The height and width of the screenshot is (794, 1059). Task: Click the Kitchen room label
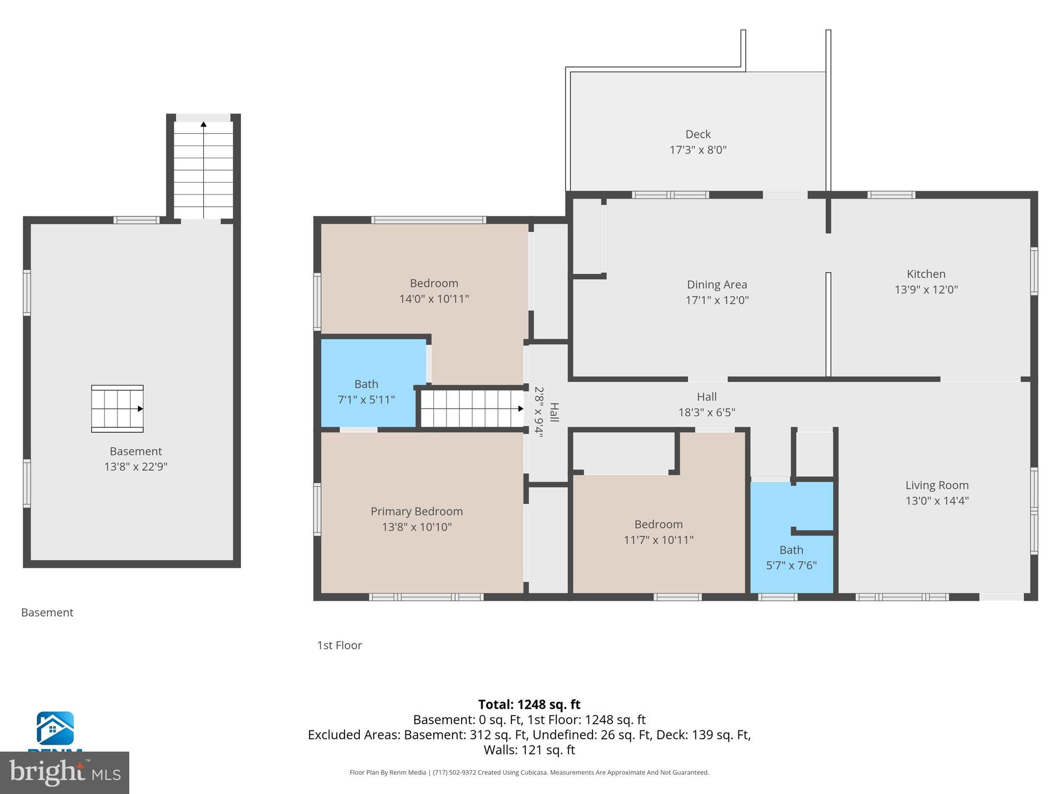[x=926, y=274]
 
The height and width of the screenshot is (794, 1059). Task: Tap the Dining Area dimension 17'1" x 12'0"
[x=717, y=300]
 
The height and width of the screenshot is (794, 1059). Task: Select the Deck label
[x=698, y=134]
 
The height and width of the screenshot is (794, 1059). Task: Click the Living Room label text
[x=936, y=485]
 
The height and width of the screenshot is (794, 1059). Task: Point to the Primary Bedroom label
[x=416, y=511]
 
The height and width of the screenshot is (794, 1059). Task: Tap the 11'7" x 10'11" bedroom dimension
[x=658, y=540]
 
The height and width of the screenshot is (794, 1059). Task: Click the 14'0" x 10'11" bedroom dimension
[x=434, y=299]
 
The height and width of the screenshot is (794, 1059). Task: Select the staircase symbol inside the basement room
[x=117, y=408]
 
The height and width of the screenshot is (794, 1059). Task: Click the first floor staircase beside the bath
[x=472, y=408]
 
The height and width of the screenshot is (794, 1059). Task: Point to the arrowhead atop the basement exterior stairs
[x=204, y=124]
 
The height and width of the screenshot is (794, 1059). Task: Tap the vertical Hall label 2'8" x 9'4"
[x=546, y=412]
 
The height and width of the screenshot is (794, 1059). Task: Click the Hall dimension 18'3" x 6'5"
[x=706, y=413]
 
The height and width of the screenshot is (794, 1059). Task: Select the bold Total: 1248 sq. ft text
[x=529, y=705]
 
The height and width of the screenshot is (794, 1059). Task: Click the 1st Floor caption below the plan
[x=339, y=645]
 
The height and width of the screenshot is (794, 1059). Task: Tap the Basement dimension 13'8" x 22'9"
[x=135, y=467]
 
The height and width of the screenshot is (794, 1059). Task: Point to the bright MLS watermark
[x=64, y=772]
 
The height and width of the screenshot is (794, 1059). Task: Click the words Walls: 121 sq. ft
[x=529, y=750]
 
